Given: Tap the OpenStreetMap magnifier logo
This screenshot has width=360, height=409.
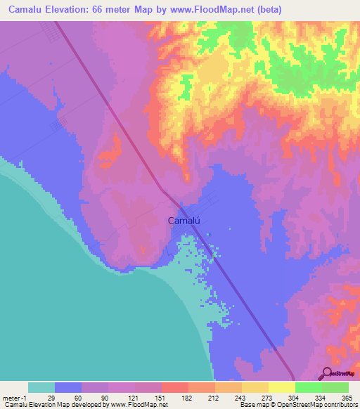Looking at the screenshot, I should pyautogui.click(x=327, y=373).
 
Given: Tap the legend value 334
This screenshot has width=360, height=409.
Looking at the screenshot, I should pyautogui.click(x=321, y=398).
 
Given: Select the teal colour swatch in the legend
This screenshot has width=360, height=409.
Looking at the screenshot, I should pyautogui.click(x=41, y=387).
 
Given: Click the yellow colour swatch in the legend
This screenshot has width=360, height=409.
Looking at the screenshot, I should pyautogui.click(x=282, y=387).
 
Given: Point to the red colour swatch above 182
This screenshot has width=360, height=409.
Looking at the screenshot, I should pyautogui.click(x=175, y=387).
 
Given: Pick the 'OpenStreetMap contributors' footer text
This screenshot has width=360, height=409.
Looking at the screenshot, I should pyautogui.click(x=309, y=405).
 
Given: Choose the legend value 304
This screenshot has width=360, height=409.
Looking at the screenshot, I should pyautogui.click(x=295, y=398).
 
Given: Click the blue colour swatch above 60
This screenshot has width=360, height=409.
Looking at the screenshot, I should pyautogui.click(x=68, y=387).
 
